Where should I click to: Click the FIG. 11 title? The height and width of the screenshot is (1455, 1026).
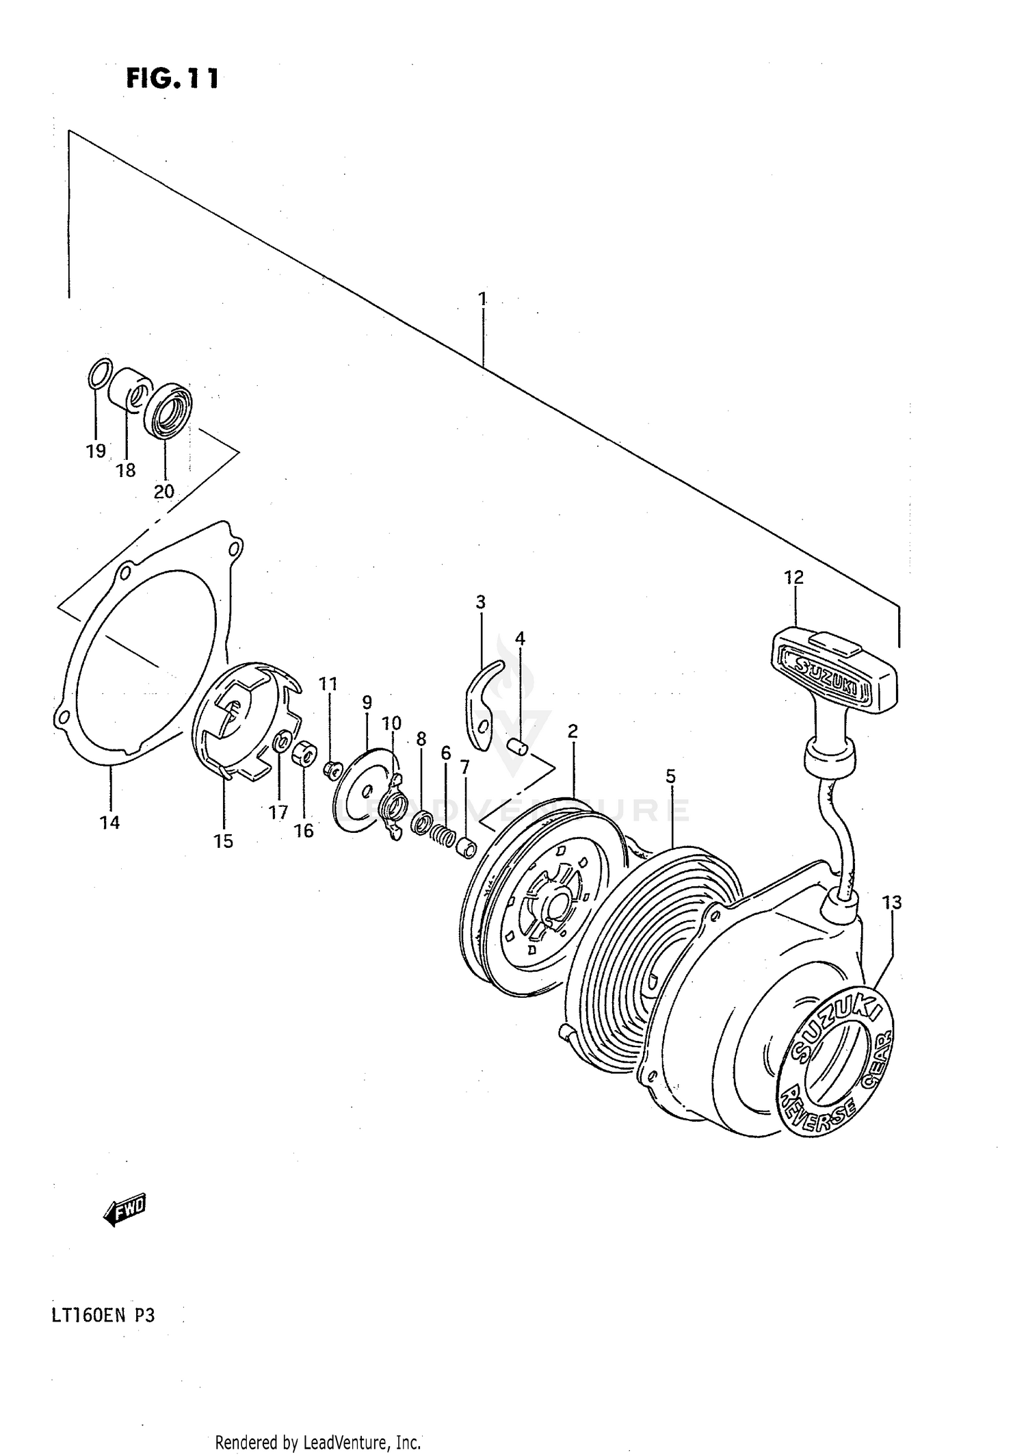point(172,79)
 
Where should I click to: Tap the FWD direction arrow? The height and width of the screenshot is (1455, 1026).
point(125,1211)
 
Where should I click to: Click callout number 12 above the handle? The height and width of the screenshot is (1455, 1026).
point(793,577)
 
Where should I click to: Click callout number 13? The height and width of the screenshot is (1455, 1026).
point(892,903)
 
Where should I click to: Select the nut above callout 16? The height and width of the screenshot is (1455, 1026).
point(304,754)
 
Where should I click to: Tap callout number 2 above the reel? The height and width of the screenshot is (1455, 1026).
point(573,731)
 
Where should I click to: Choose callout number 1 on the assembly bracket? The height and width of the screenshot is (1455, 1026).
point(482,298)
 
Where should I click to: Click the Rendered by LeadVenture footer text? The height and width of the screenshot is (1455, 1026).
point(317,1443)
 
